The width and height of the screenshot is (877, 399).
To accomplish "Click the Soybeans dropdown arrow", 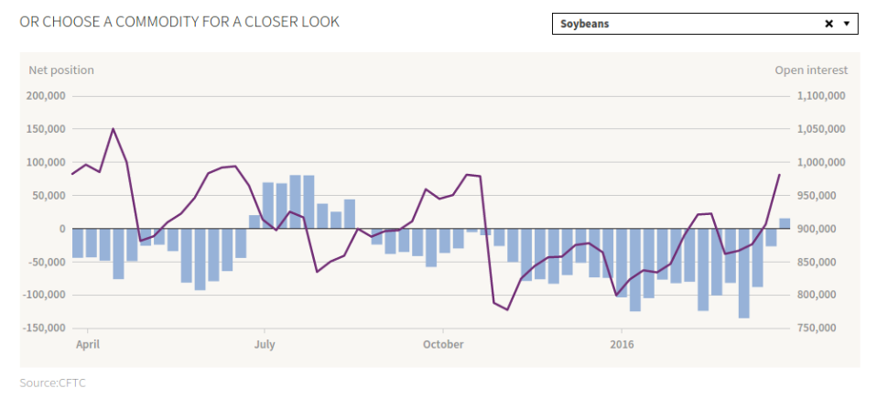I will click(x=847, y=24).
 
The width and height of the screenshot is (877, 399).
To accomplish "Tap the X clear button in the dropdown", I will click(x=829, y=24).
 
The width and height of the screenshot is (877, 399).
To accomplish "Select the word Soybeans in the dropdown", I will click(x=585, y=24).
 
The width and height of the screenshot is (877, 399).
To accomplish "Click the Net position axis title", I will click(x=61, y=70).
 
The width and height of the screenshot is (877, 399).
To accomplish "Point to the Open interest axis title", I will click(x=811, y=70).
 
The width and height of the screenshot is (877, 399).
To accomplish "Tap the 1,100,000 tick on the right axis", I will click(x=821, y=96).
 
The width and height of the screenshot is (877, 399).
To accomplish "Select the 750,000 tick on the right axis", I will click(x=825, y=328).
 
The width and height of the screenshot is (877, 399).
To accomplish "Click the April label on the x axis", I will click(x=88, y=344).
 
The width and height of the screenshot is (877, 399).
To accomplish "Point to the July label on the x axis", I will click(x=265, y=344).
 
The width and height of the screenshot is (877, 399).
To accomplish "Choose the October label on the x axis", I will click(x=443, y=344).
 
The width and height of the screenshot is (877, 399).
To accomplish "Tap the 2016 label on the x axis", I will click(x=622, y=344).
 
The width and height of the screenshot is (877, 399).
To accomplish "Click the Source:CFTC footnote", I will click(x=53, y=382).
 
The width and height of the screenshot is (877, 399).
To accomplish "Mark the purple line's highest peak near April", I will click(x=113, y=129).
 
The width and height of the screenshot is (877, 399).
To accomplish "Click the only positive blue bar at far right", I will click(x=785, y=223).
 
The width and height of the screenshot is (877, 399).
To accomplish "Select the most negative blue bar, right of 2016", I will click(x=744, y=273).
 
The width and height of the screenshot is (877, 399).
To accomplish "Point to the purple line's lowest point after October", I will click(x=507, y=309).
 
